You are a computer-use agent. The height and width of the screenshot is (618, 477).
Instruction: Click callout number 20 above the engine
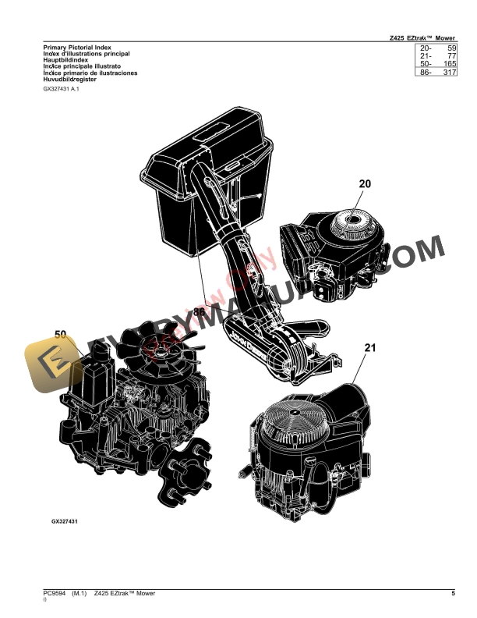[x=365, y=184]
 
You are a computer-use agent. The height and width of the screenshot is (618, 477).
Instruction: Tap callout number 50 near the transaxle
[x=61, y=335]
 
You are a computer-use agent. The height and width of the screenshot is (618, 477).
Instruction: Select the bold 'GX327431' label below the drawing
[x=69, y=520]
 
